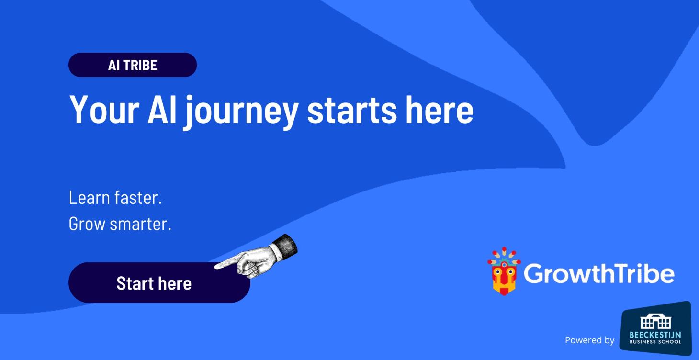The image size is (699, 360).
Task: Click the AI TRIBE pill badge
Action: (x=133, y=65)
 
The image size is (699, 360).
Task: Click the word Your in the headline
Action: (x=104, y=110)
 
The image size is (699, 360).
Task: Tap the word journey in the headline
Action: (x=241, y=111)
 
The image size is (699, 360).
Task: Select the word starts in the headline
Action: (x=352, y=110)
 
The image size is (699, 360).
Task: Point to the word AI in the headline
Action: (x=161, y=110)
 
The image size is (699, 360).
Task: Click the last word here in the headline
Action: (x=440, y=110)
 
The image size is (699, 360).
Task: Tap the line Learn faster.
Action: (x=115, y=198)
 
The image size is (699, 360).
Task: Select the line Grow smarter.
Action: (x=120, y=224)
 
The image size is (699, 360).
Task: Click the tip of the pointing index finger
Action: (x=216, y=266)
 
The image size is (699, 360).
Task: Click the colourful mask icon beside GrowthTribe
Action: (x=503, y=271)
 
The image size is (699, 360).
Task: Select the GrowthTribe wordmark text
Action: (x=599, y=273)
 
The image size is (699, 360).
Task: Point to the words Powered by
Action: (x=589, y=340)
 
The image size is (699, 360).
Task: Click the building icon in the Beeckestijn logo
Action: (x=655, y=322)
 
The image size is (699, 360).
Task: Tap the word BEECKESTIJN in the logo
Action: (x=655, y=335)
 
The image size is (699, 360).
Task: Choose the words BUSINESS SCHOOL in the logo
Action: (x=655, y=342)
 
